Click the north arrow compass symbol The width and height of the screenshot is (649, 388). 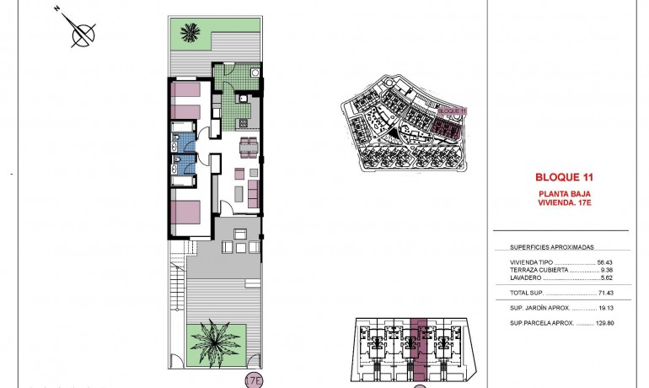pyautogui.click(x=81, y=35)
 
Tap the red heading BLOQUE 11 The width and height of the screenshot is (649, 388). pyautogui.click(x=564, y=177)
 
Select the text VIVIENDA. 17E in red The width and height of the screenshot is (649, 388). pyautogui.click(x=565, y=202)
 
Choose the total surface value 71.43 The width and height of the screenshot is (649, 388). pyautogui.click(x=605, y=292)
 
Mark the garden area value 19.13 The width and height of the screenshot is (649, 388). pyautogui.click(x=605, y=307)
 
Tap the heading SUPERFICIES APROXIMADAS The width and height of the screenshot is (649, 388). pyautogui.click(x=552, y=247)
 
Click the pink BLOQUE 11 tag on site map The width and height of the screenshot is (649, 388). pyautogui.click(x=453, y=110)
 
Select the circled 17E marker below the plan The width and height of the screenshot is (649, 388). pyautogui.click(x=253, y=380)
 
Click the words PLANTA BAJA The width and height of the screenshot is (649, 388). pyautogui.click(x=564, y=193)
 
